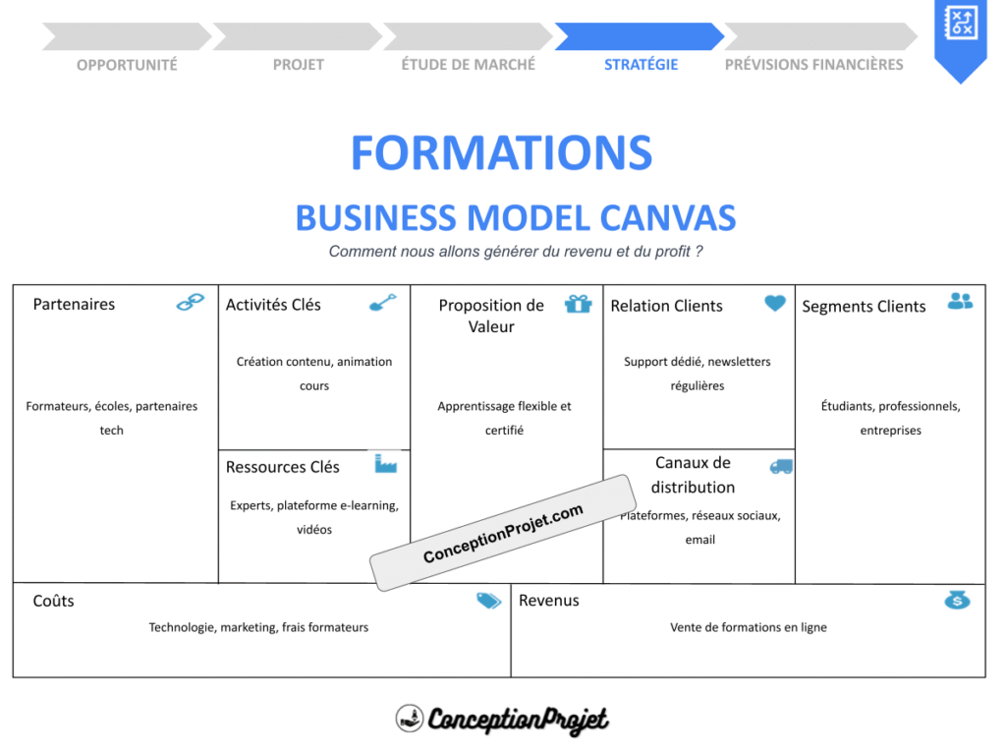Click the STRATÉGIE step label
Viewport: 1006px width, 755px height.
click(x=641, y=65)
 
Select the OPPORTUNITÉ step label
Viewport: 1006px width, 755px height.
click(x=127, y=65)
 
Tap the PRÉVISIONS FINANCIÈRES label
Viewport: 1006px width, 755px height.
click(x=813, y=65)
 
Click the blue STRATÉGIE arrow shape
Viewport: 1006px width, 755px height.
click(x=639, y=36)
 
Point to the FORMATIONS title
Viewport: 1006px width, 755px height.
click(x=501, y=153)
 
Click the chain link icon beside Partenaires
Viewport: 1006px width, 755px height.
click(x=190, y=302)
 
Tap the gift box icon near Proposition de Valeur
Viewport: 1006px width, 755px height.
click(x=579, y=303)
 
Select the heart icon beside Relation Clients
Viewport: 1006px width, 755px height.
click(x=775, y=303)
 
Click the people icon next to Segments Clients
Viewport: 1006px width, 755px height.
click(x=960, y=301)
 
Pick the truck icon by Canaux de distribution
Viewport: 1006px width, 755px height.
click(x=781, y=466)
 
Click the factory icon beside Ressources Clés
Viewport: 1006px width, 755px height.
click(x=385, y=463)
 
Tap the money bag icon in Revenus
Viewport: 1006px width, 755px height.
click(x=957, y=599)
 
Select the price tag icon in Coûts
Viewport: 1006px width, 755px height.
click(x=488, y=601)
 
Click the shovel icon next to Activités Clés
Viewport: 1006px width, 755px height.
click(x=382, y=302)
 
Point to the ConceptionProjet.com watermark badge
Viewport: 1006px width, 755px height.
click(x=503, y=533)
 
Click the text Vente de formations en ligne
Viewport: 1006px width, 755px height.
click(x=748, y=627)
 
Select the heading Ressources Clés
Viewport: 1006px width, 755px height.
click(x=282, y=467)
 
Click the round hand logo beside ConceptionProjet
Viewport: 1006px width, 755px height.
click(x=409, y=719)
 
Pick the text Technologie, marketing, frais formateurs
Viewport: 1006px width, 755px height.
click(x=258, y=627)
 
